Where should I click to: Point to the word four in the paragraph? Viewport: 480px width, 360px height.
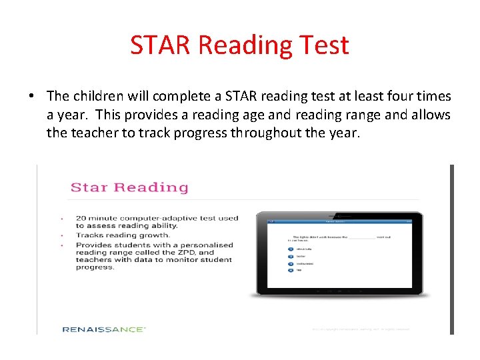click(x=401, y=97)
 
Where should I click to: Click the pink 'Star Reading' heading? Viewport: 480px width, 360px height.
click(x=129, y=187)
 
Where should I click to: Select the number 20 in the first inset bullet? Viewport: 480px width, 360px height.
click(x=81, y=218)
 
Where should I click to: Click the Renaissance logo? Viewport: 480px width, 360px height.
click(x=104, y=329)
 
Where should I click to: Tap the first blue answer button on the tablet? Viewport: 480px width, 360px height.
click(x=291, y=249)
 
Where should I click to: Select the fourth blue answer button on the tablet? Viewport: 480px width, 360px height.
click(x=291, y=271)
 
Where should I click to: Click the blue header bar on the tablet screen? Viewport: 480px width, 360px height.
click(x=339, y=221)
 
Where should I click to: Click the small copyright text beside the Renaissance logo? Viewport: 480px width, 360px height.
click(x=360, y=329)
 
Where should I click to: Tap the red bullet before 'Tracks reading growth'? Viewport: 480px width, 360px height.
click(x=61, y=235)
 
